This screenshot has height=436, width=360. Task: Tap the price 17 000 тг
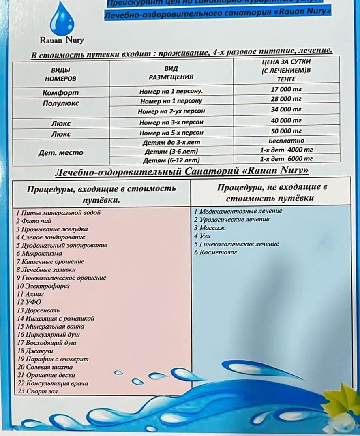tap(286, 89)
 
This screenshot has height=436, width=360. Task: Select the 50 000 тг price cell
tap(286, 131)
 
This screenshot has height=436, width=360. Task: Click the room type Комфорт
tap(61, 93)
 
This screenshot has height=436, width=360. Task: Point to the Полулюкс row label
tap(61, 103)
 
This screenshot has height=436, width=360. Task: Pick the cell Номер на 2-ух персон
tap(171, 111)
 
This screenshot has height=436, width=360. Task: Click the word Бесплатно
tap(286, 141)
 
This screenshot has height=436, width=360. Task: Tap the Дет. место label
tap(61, 153)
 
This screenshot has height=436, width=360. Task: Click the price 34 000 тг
tap(286, 109)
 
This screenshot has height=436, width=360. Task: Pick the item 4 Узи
tap(202, 236)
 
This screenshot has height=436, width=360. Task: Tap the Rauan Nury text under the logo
tap(62, 40)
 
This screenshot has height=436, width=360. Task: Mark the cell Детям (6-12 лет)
tap(171, 160)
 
